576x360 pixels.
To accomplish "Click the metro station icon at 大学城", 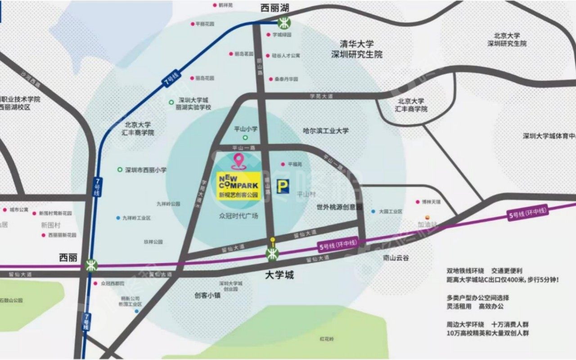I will [272, 254].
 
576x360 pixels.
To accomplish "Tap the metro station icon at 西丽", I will [91, 265].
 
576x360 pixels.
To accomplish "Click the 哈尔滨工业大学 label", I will [326, 130].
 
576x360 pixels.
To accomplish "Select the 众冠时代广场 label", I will [239, 216].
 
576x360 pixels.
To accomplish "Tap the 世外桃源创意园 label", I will [339, 207].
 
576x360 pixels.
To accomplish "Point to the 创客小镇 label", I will [207, 295].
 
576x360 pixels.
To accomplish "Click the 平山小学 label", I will [246, 129].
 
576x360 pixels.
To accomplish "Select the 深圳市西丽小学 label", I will [145, 170].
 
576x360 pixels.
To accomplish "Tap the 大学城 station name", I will [279, 275].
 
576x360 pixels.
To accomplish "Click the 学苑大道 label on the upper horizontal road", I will [321, 96].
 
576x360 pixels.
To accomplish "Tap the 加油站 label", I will [427, 225].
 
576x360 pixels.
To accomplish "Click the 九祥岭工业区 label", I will [135, 218].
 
